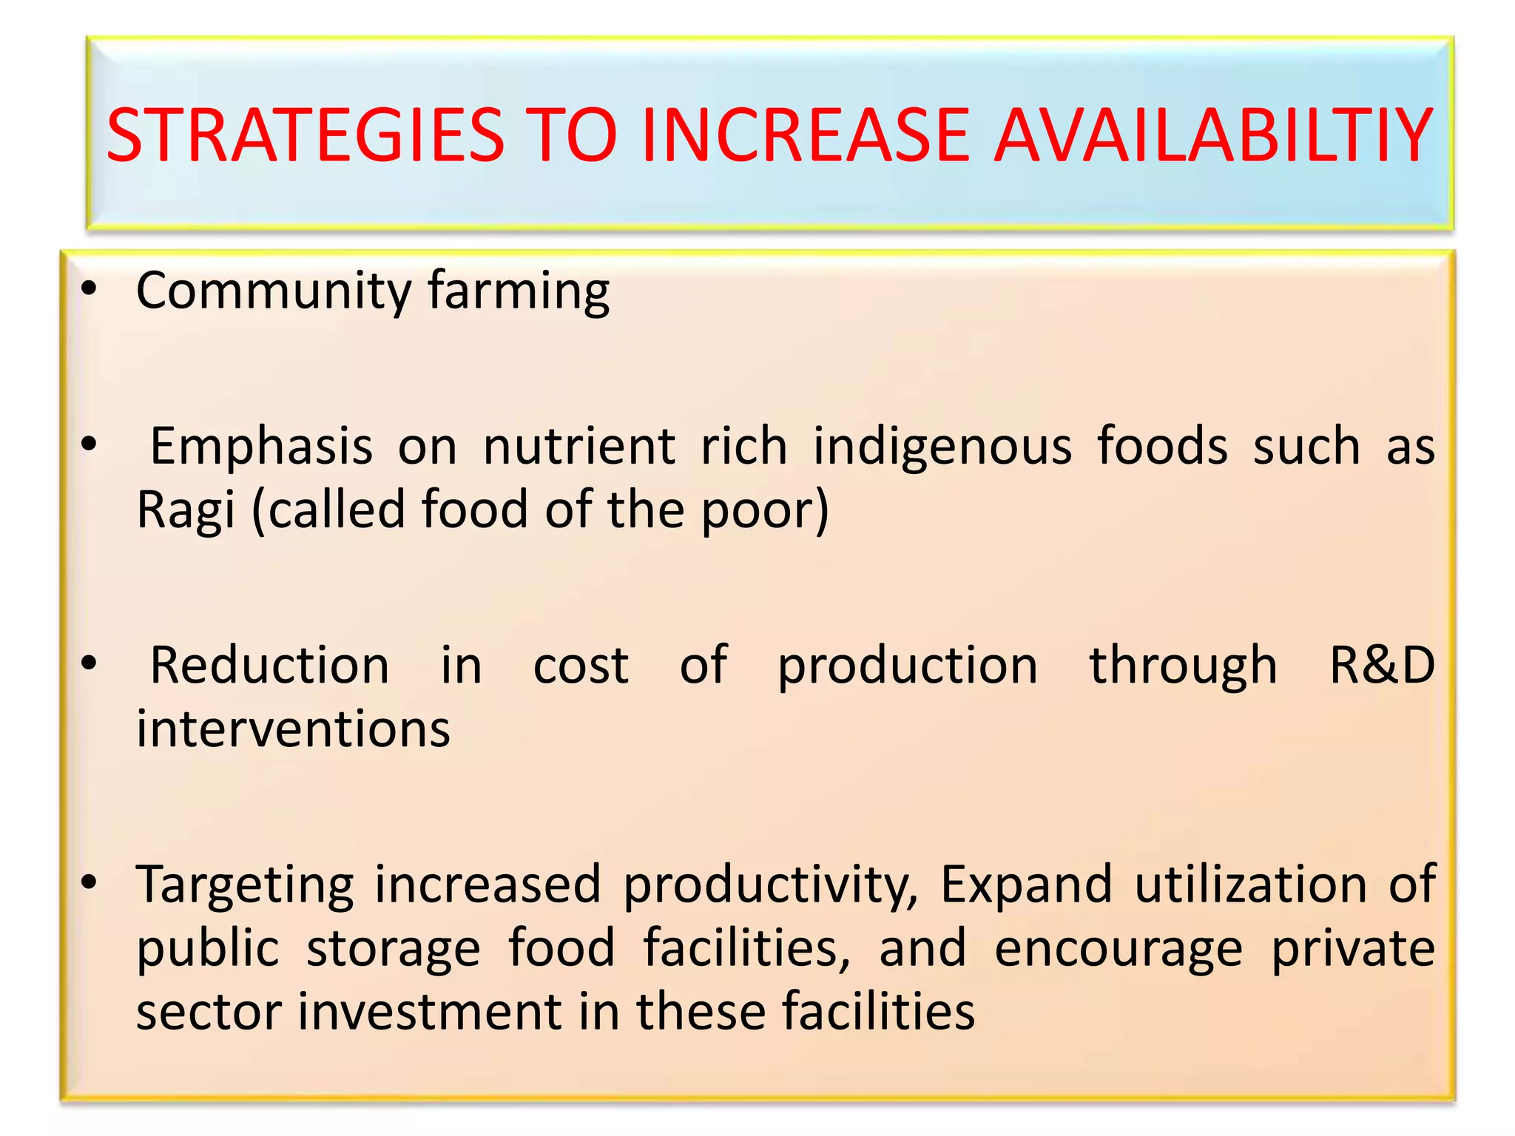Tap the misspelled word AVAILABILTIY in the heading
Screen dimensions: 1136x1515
[1212, 136]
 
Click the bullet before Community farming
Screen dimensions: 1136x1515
[90, 291]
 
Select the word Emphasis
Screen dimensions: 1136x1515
[261, 447]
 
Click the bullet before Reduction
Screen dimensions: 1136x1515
[90, 663]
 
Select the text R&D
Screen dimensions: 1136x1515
[1382, 665]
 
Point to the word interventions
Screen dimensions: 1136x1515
[293, 728]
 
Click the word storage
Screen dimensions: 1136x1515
[394, 950]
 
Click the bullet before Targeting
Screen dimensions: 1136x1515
[90, 882]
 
